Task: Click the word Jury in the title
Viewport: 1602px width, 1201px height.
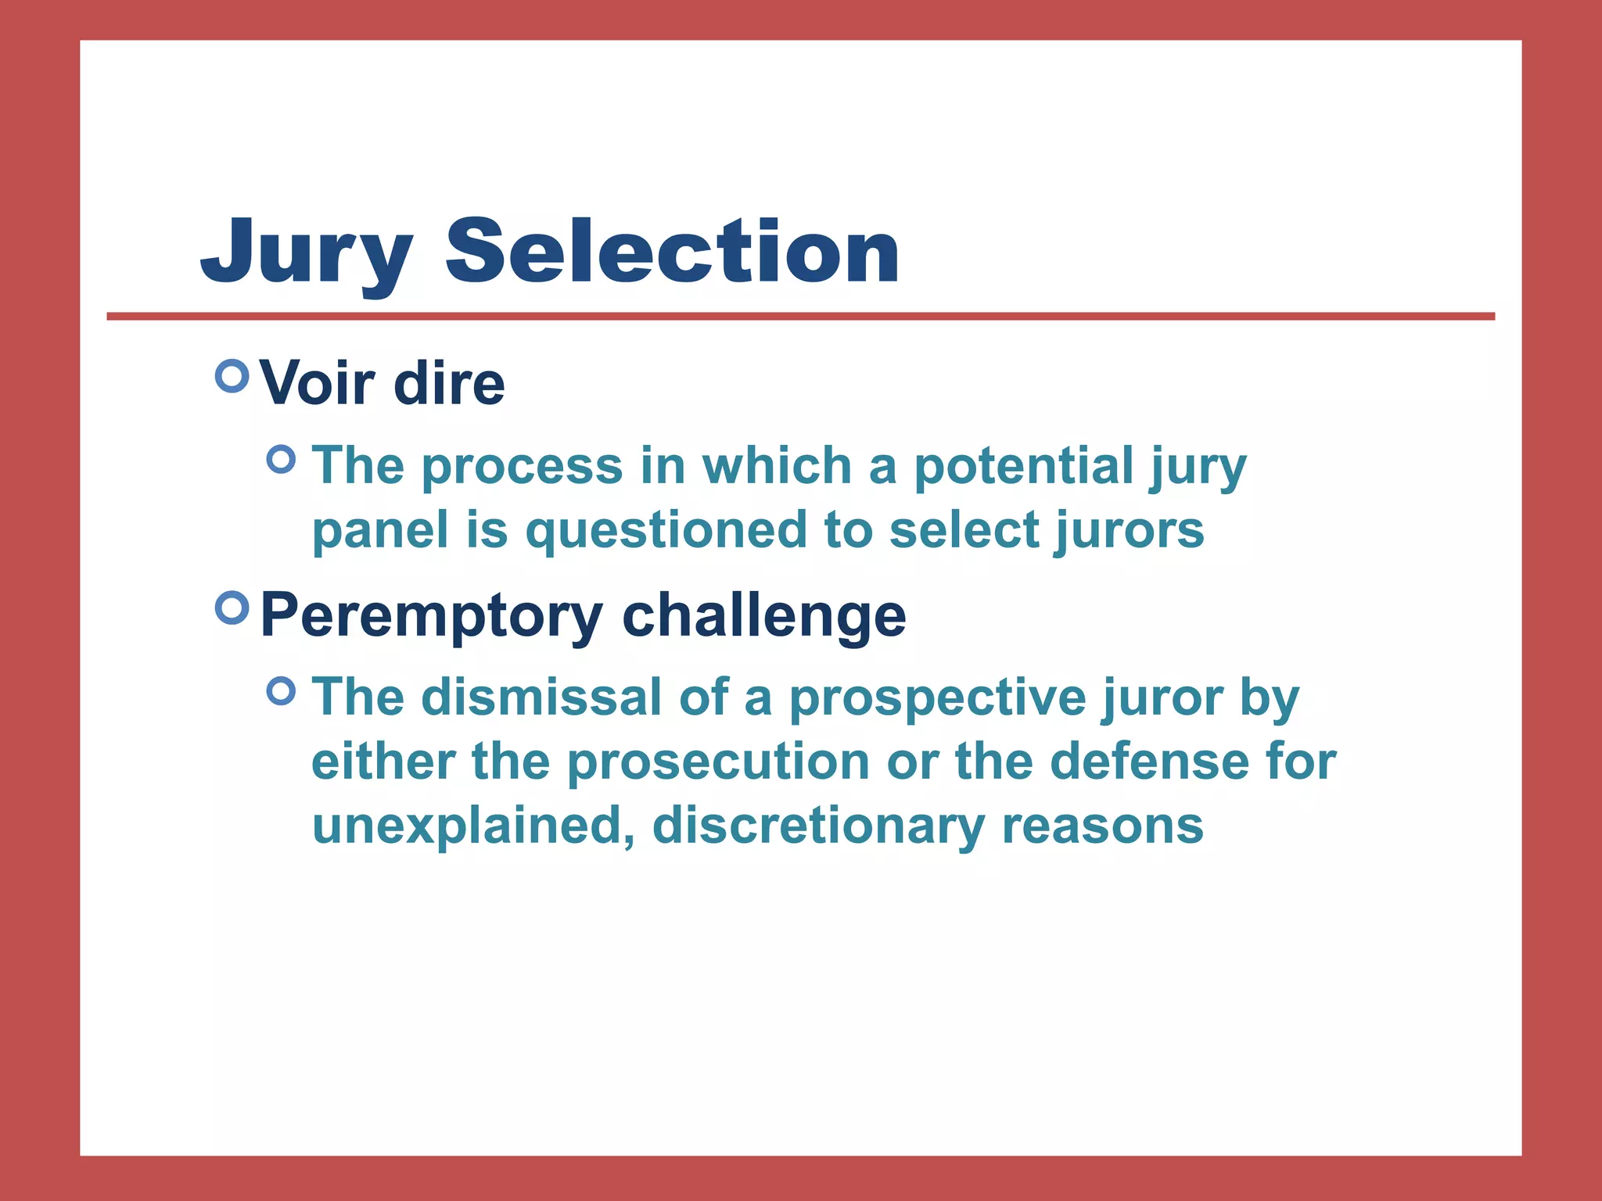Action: (x=306, y=252)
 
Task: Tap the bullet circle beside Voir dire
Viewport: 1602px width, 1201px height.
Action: (x=232, y=376)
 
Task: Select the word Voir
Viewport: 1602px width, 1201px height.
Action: (x=317, y=383)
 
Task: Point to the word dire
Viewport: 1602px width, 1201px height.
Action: (x=449, y=383)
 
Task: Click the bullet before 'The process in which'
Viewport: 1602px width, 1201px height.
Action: (x=282, y=459)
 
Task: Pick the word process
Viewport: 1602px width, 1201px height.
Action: (x=522, y=467)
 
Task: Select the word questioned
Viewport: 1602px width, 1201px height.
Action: (x=666, y=531)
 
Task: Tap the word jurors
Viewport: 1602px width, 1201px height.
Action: (x=1129, y=530)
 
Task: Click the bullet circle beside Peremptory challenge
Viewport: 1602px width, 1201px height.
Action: (x=232, y=608)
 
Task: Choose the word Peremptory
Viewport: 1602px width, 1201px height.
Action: (x=431, y=616)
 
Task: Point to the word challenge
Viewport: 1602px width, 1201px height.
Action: (x=763, y=615)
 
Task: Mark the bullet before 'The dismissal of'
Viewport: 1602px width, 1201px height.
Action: (x=282, y=690)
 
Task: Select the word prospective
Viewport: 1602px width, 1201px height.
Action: (x=936, y=697)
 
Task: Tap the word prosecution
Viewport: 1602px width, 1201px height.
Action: (x=718, y=762)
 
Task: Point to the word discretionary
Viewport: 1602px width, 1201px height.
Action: (x=817, y=826)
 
